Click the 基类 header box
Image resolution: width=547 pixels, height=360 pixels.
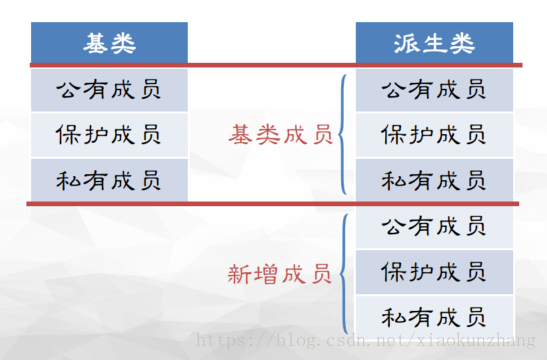[109, 42]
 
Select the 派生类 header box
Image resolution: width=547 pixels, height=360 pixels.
[434, 42]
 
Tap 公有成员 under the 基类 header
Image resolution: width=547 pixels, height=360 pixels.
[109, 90]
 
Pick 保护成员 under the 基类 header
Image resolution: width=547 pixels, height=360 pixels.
[109, 135]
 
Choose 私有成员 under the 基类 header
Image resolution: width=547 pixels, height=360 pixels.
[109, 181]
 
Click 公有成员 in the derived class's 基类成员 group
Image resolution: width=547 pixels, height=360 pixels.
[434, 90]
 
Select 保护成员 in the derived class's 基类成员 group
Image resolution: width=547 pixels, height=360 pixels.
[434, 135]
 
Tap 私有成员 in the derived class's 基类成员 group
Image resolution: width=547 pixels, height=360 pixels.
[434, 181]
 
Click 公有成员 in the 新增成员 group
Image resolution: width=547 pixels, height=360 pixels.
[434, 227]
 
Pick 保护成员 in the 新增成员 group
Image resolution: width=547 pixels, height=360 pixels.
[434, 272]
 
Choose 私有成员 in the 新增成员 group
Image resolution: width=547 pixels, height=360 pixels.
[434, 318]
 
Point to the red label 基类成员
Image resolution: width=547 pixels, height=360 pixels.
[281, 135]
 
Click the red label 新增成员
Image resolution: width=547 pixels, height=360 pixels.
[281, 273]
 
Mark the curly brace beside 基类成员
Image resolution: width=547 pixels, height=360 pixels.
[344, 135]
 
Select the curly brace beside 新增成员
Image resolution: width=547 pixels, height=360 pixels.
[344, 272]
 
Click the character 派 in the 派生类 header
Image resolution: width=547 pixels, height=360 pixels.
[405, 42]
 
